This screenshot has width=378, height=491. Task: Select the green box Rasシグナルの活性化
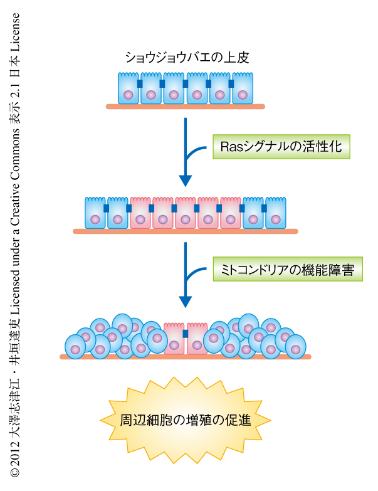tap(280, 147)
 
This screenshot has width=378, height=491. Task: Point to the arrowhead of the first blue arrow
tap(186, 181)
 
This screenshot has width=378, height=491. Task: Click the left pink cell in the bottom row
tap(174, 338)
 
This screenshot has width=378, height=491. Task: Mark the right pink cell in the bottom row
tap(197, 338)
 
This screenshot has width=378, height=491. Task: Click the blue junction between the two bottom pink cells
tap(186, 333)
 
